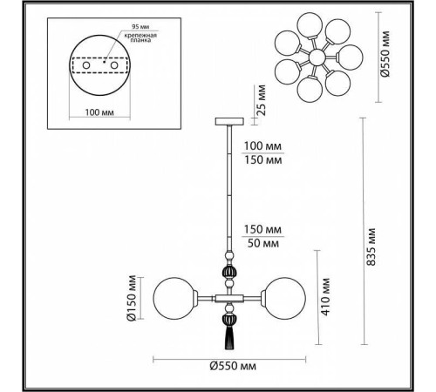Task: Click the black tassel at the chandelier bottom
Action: tap(231, 328)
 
